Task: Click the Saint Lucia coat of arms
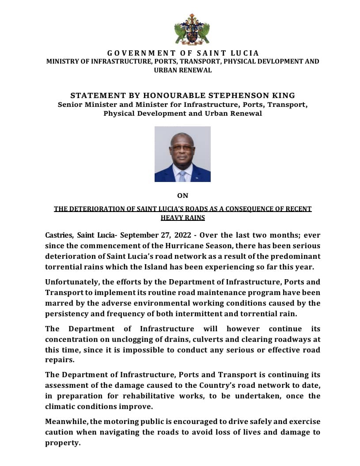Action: pos(192,30)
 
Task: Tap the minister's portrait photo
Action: pos(182,154)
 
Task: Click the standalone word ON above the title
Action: pos(182,196)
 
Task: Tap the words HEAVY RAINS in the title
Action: pos(182,217)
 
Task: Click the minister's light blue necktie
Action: pos(182,176)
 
